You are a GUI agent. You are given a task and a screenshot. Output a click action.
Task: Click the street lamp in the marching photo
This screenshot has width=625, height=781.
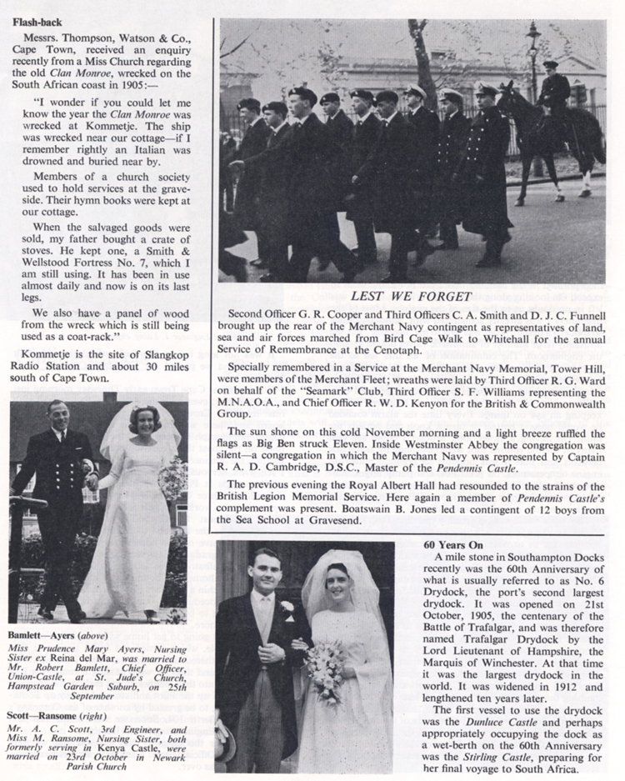coord(533,50)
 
